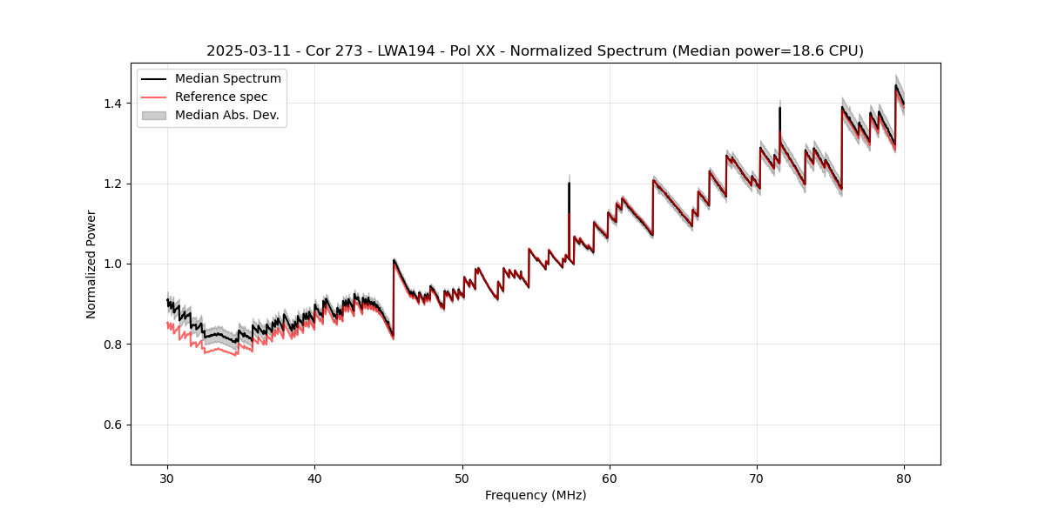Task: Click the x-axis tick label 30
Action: click(167, 478)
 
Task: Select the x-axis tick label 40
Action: click(314, 478)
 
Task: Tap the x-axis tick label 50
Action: click(462, 478)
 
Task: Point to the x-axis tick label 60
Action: click(610, 478)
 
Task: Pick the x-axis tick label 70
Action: click(757, 478)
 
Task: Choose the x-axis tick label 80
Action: click(904, 478)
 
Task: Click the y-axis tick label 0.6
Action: click(114, 425)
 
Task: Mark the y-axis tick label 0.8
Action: click(114, 345)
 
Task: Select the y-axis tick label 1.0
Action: click(114, 264)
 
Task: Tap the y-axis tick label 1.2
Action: click(114, 184)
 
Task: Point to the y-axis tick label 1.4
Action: click(114, 104)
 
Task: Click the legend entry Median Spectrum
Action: click(227, 79)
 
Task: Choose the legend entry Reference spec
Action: click(221, 97)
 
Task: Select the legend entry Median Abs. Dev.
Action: click(226, 115)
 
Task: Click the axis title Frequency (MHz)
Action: click(536, 495)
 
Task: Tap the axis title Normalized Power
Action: click(91, 264)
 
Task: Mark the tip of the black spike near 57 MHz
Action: click(569, 183)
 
